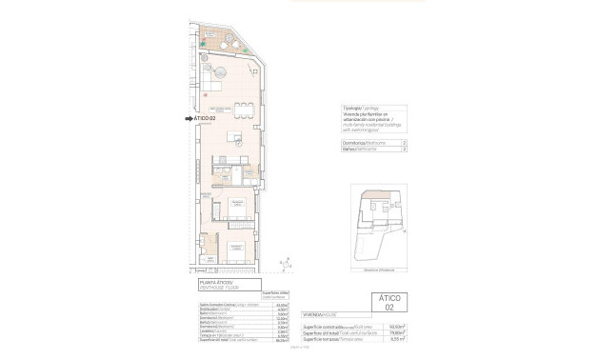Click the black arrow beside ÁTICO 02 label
coord(189,118)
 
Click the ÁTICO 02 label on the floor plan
coord(208,118)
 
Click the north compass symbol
coord(282,261)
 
